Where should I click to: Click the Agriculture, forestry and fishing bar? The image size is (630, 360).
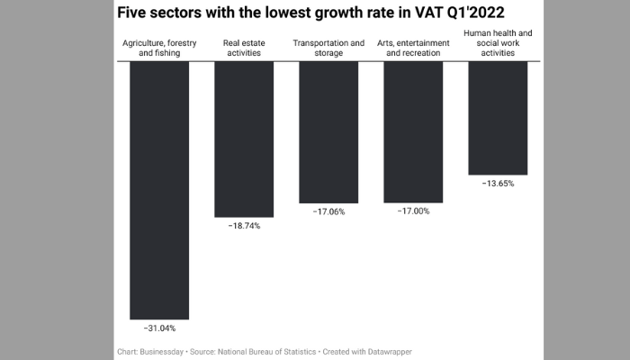click(159, 190)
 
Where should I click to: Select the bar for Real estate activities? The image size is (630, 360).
click(243, 139)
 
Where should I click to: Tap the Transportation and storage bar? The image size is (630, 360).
click(328, 131)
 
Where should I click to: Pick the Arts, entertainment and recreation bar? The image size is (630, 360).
click(413, 131)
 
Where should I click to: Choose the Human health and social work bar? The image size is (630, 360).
click(498, 117)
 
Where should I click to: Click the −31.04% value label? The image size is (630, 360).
click(159, 328)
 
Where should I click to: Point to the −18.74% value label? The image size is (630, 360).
click(243, 226)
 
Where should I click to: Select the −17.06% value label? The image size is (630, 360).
click(328, 211)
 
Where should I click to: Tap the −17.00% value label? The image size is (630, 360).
click(413, 211)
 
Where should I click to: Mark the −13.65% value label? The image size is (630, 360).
click(498, 183)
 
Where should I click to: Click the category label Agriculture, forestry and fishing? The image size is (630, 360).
click(159, 48)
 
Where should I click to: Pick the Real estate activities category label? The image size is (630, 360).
click(243, 48)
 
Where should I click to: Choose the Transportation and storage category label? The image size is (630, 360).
click(328, 48)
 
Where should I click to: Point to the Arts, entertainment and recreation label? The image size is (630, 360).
click(413, 48)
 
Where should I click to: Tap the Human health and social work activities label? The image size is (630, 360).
click(498, 43)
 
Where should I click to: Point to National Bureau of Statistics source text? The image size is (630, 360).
click(274, 350)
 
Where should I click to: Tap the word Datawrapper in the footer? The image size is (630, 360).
click(387, 350)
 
